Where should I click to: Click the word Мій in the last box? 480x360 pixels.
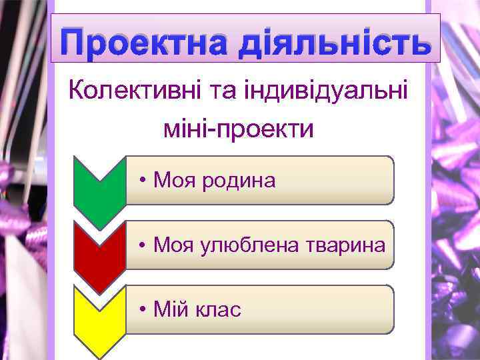pyautogui.click(x=167, y=309)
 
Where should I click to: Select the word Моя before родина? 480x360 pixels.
pyautogui.click(x=171, y=180)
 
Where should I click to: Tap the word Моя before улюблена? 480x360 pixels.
pyautogui.click(x=171, y=245)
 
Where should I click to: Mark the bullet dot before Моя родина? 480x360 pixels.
pyautogui.click(x=143, y=181)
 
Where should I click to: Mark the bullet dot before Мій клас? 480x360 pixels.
pyautogui.click(x=143, y=310)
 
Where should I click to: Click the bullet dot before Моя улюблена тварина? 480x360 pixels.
pyautogui.click(x=143, y=245)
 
